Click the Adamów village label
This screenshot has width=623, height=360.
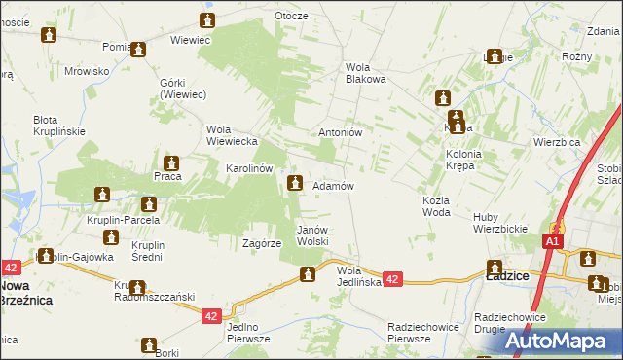pos(332,186)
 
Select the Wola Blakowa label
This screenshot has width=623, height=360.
pos(366,73)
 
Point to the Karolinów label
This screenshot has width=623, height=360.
pos(249,168)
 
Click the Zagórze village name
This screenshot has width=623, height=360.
pos(262,244)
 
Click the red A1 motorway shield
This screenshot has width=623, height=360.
pos(553,241)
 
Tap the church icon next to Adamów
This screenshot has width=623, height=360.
pos(294,182)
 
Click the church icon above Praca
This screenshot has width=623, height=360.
pos(171,162)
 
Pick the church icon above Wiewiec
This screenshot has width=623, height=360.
pos(207,20)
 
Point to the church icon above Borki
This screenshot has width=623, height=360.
pos(149,344)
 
